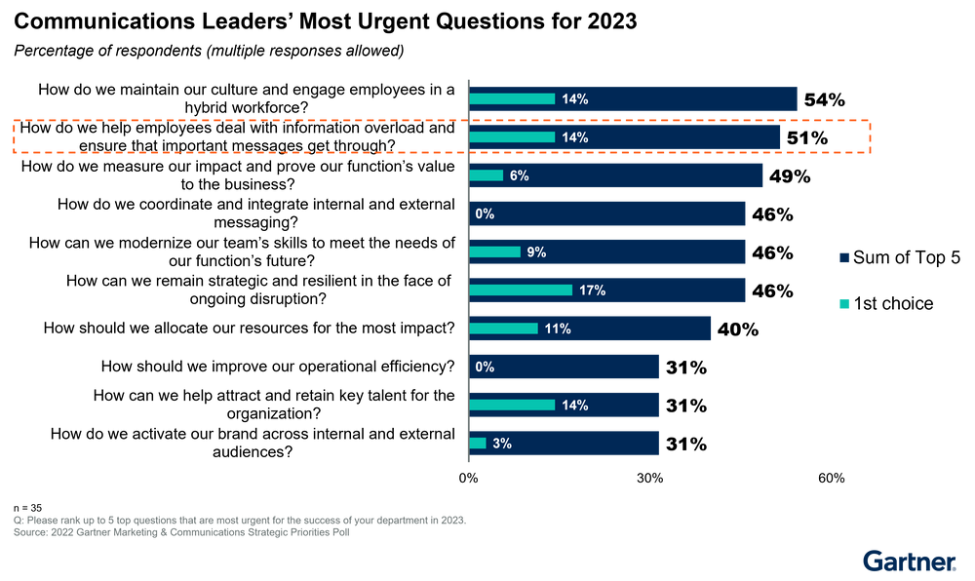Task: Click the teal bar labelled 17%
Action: (521, 290)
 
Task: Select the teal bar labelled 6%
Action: (487, 175)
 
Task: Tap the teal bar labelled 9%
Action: (495, 252)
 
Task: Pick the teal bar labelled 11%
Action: (504, 329)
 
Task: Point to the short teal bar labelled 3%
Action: (478, 444)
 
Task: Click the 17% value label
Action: (591, 290)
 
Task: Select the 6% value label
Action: (519, 175)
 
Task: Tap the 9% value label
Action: (535, 252)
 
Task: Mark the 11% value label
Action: (557, 329)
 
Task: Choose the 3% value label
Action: (502, 444)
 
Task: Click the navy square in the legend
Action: (844, 257)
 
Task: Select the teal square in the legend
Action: (844, 304)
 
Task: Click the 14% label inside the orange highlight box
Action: (574, 137)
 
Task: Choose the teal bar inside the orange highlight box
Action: (512, 137)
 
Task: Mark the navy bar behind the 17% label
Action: (682, 290)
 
